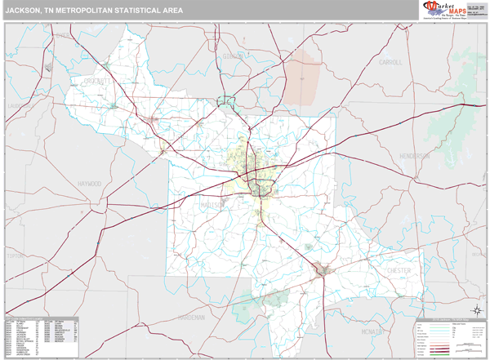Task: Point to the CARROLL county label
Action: [391, 62]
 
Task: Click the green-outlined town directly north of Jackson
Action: [225, 103]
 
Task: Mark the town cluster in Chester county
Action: [325, 269]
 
